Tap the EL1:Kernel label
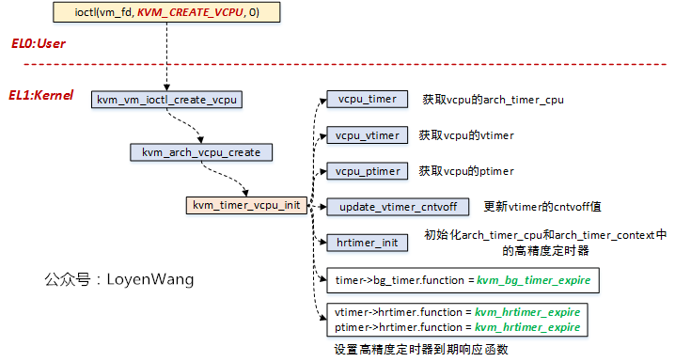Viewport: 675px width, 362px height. click(42, 95)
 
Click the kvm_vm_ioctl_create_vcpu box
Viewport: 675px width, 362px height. click(168, 99)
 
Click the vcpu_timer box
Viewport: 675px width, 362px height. click(367, 99)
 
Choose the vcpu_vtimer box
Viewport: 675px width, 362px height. click(367, 135)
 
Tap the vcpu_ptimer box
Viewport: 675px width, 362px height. click(367, 171)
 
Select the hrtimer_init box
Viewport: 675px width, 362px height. click(367, 242)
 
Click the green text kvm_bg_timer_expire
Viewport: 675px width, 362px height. click(534, 280)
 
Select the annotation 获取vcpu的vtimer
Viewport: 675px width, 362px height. click(466, 135)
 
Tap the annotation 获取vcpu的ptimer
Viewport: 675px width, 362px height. click(466, 171)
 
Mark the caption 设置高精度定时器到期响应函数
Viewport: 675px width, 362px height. click(422, 348)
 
